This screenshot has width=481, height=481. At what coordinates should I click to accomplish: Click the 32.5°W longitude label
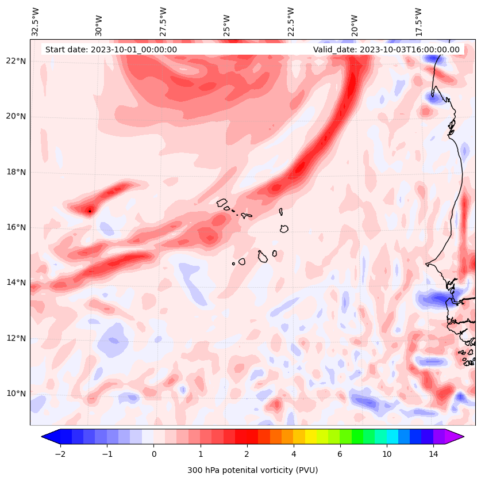pos(36,22)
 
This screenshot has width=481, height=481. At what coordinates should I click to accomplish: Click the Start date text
pos(111,49)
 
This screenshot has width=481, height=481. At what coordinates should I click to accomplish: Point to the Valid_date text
pos(386,49)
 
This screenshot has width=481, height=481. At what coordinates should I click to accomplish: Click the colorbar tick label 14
pos(433,454)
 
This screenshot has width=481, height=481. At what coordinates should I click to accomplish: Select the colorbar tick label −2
pos(60,454)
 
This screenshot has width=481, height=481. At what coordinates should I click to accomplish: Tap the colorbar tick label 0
pos(153,454)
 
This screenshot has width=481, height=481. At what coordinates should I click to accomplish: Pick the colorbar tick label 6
pos(340,454)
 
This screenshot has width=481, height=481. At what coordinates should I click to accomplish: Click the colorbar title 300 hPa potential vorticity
pos(252,470)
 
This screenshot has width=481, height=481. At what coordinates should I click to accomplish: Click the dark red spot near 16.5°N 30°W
pos(90,211)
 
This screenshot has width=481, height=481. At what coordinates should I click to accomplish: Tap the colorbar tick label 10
pos(387,454)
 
